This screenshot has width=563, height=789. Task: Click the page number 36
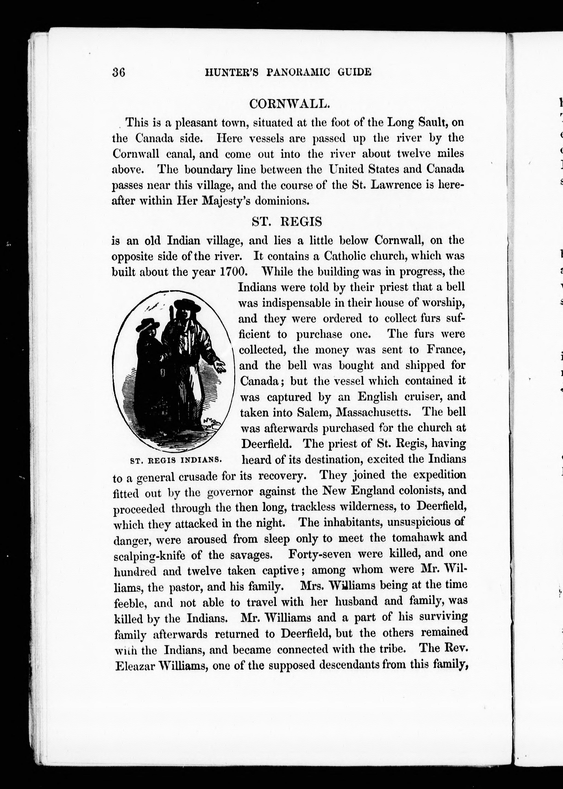tap(119, 72)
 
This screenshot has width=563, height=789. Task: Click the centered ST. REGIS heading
tap(287, 222)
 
